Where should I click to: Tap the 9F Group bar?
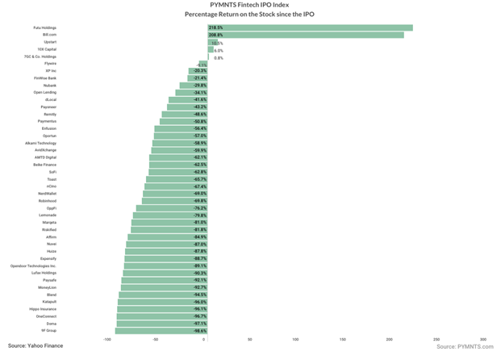[161, 330]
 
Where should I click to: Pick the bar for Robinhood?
[174, 200]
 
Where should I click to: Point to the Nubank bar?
[194, 85]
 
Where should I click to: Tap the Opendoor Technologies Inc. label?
[33, 266]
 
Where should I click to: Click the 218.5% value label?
[215, 27]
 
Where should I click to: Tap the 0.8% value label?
[219, 57]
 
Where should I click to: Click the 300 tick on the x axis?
[482, 340]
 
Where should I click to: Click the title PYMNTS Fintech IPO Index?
[250, 5]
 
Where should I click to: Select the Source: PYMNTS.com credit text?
[465, 345]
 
